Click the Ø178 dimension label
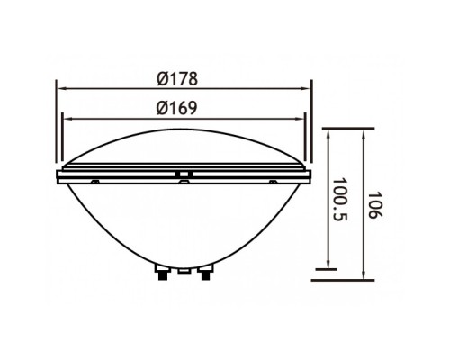tap(177, 78)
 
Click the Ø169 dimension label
tap(177, 108)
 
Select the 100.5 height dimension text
tap(339, 200)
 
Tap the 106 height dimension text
tap(375, 205)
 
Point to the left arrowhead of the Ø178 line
tap(61, 88)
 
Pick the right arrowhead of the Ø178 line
tap(305, 88)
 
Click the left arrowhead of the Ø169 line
tap(67, 119)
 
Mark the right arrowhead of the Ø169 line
tap(300, 119)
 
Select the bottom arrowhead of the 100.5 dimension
tap(329, 265)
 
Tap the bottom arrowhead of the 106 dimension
tap(364, 275)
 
